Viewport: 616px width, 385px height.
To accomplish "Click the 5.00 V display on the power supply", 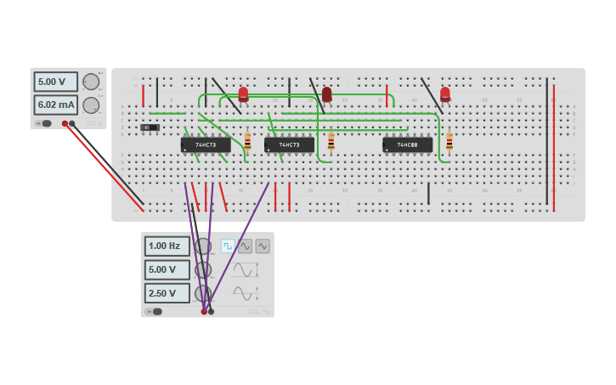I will [x=55, y=82].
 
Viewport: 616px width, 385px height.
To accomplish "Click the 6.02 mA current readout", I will [x=55, y=105].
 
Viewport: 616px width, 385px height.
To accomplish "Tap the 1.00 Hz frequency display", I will [x=167, y=246].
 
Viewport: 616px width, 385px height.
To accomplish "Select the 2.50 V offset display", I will [x=167, y=293].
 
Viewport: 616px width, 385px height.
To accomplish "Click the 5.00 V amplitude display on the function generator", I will [x=167, y=269].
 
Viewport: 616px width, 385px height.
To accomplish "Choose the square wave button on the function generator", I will [x=228, y=246].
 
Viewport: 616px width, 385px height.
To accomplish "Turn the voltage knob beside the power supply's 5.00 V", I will [x=91, y=82].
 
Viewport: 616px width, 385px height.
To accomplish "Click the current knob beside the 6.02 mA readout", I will [x=91, y=105].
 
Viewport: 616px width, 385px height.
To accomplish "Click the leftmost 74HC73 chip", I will [x=206, y=145].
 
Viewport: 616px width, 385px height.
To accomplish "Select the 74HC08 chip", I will [x=407, y=145].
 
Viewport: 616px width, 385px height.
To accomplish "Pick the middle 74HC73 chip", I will [x=289, y=145].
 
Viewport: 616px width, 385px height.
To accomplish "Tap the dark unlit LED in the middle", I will [x=327, y=93].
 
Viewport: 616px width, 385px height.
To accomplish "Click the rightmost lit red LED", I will [x=445, y=93].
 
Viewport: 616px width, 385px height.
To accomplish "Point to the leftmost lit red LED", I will [x=244, y=93].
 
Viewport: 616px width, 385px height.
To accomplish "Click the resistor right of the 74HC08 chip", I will [x=449, y=142].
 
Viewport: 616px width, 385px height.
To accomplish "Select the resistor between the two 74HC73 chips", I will [x=247, y=142].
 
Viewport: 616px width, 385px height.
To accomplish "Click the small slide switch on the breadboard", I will [x=150, y=127].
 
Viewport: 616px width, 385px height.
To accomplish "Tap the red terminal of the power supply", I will [x=65, y=123].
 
